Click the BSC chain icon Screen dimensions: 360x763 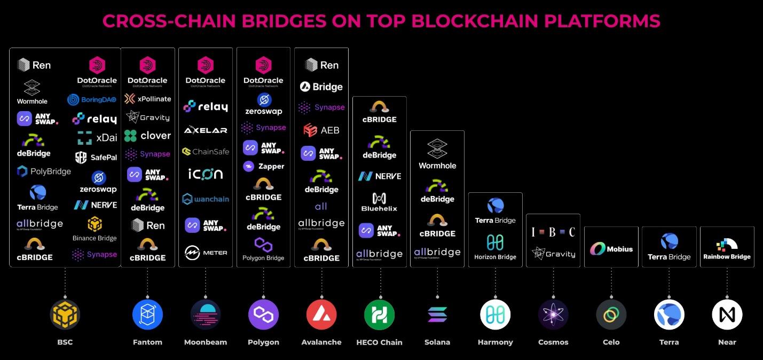click(x=65, y=315)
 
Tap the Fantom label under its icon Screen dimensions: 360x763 click(x=147, y=342)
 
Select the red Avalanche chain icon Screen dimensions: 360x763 click(x=321, y=315)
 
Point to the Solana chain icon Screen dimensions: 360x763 click(x=437, y=315)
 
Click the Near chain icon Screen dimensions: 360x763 click(x=727, y=315)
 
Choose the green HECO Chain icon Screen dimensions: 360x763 click(x=379, y=315)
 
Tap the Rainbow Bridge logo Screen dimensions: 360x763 click(x=727, y=249)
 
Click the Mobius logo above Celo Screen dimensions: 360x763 click(x=611, y=249)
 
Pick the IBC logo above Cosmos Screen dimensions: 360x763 click(x=553, y=232)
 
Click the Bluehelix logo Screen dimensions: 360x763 click(x=379, y=202)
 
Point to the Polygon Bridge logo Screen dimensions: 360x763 click(x=263, y=249)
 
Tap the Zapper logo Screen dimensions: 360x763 click(x=264, y=167)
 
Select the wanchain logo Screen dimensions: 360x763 click(x=206, y=199)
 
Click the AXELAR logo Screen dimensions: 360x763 click(x=206, y=130)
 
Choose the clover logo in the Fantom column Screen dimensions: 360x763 click(x=147, y=136)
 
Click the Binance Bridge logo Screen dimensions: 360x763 click(x=95, y=229)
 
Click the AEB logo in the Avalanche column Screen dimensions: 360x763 click(x=321, y=130)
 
